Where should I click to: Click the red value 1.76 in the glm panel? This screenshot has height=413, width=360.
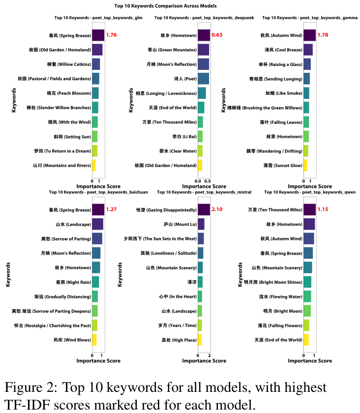tap(111, 35)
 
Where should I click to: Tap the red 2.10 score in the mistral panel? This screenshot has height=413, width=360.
tap(217, 210)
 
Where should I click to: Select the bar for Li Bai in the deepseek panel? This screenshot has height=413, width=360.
tap(200, 136)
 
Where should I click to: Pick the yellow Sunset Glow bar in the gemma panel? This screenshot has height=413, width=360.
tap(305, 165)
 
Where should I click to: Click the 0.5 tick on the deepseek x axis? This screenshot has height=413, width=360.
tap(208, 181)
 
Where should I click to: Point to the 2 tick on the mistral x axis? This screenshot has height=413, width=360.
tap(210, 355)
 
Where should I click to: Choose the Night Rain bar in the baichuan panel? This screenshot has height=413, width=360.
tap(95, 282)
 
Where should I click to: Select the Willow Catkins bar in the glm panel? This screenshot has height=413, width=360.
tap(96, 64)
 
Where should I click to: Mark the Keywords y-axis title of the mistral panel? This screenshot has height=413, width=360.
tap(120, 274)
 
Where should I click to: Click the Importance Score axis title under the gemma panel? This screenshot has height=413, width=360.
tap(310, 187)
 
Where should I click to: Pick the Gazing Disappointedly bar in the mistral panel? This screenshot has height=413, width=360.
tap(204, 210)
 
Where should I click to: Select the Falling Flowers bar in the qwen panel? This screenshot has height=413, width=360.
tap(306, 325)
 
